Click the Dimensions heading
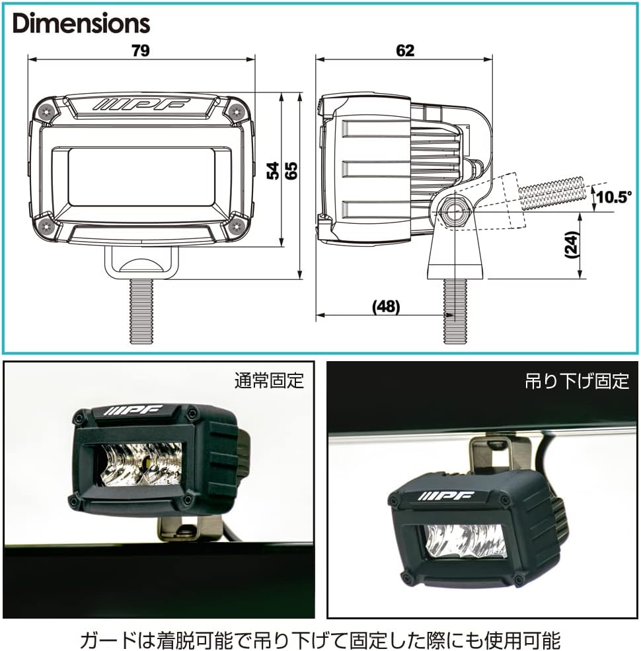click(x=81, y=24)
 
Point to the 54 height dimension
click(x=273, y=171)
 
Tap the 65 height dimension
click(x=291, y=171)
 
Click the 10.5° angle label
click(x=614, y=197)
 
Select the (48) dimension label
click(x=386, y=307)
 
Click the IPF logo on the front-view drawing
click(x=142, y=104)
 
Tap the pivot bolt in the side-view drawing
click(x=454, y=211)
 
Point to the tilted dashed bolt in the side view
click(x=554, y=193)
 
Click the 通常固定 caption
click(x=269, y=381)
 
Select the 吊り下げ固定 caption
click(x=576, y=381)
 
